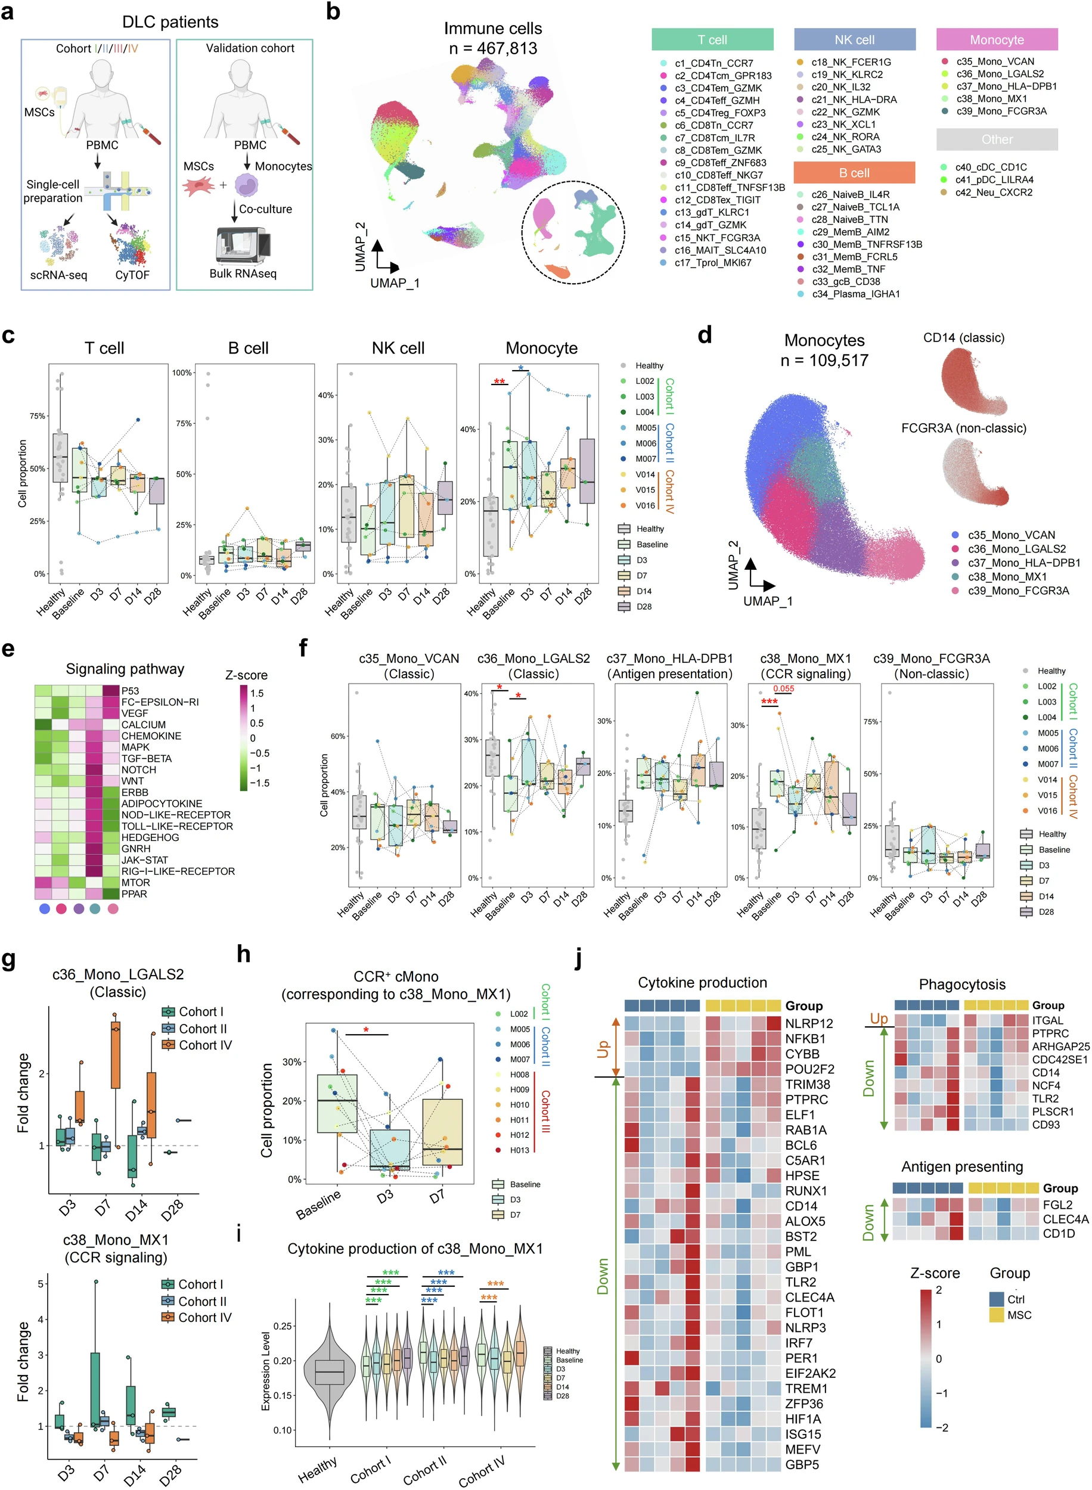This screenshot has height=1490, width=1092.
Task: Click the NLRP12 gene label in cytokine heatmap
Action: (809, 1023)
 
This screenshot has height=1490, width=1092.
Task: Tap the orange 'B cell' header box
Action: (854, 173)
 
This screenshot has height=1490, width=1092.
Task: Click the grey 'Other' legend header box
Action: (996, 139)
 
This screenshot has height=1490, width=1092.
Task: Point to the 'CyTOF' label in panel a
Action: (132, 275)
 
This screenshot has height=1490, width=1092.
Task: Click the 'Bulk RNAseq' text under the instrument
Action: (243, 274)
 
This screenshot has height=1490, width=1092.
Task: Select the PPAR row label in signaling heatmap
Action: (134, 894)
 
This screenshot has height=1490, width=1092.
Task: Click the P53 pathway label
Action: (130, 691)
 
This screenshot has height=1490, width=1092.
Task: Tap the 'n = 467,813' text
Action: (492, 48)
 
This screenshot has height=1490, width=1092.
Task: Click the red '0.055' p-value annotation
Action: (783, 688)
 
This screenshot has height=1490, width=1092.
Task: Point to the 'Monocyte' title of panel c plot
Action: (541, 348)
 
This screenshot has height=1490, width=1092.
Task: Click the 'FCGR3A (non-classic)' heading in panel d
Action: (963, 428)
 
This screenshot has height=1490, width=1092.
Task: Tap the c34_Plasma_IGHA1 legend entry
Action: (855, 294)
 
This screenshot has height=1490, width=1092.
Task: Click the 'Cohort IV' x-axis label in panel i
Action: (482, 1469)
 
